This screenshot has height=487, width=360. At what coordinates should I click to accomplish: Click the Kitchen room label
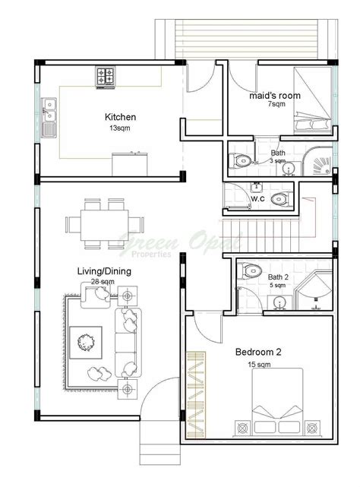point(120,117)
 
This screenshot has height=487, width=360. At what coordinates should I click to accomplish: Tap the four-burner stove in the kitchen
point(106,76)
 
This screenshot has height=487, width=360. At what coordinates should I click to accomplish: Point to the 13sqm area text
point(120,129)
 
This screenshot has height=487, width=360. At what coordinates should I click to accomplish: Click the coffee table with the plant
point(84,343)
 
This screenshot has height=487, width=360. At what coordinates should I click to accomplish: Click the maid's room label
point(275,96)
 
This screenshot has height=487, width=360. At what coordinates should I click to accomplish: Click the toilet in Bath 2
point(251,270)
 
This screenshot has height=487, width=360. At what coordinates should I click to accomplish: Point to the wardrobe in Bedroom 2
point(196,395)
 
